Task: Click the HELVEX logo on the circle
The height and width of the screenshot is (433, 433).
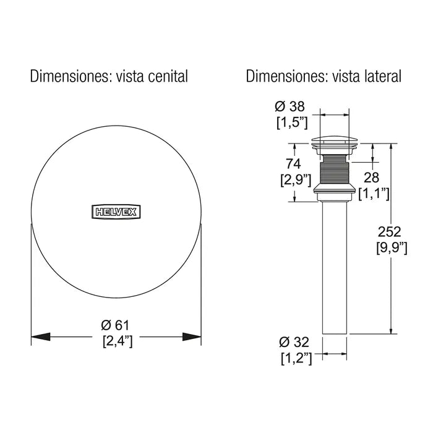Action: (116, 212)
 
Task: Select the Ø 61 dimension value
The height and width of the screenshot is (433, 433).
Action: (116, 325)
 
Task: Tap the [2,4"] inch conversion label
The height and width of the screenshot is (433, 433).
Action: (117, 340)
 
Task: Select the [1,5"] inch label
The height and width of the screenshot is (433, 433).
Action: (292, 122)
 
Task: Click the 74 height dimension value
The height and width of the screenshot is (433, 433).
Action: (293, 165)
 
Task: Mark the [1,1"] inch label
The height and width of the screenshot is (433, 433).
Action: (374, 194)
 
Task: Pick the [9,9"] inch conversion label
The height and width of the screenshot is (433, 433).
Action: (392, 248)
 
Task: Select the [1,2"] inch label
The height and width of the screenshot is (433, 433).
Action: (296, 358)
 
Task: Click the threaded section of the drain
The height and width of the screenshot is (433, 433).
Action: (335, 168)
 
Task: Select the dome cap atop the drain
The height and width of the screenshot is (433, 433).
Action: (335, 140)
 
